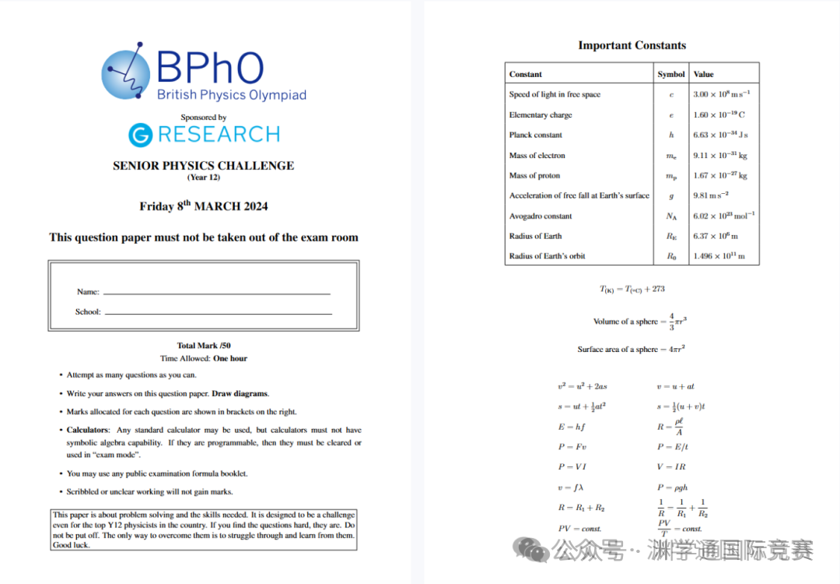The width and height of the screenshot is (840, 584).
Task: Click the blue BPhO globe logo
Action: click(x=125, y=75)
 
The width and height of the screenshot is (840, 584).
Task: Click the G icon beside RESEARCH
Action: click(x=141, y=135)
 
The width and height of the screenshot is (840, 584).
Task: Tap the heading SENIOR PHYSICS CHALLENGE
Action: click(x=203, y=166)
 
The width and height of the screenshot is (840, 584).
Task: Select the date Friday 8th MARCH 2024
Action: click(x=204, y=206)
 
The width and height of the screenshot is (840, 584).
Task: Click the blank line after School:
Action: click(x=218, y=313)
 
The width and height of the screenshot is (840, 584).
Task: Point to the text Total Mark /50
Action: click(x=204, y=346)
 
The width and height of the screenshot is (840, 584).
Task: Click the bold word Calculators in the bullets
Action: click(x=87, y=430)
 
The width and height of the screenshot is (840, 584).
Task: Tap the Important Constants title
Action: click(x=632, y=45)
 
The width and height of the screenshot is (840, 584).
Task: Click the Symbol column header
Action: click(x=671, y=74)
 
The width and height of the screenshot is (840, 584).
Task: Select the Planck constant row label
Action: click(x=536, y=135)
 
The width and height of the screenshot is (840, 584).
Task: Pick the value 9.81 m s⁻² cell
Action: click(x=711, y=195)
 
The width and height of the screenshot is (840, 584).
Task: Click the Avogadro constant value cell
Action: click(x=723, y=216)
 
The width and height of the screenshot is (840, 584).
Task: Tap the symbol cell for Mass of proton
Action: click(x=671, y=176)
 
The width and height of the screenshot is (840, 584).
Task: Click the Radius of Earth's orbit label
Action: click(x=547, y=256)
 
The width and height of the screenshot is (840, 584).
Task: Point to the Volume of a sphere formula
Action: click(x=639, y=321)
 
